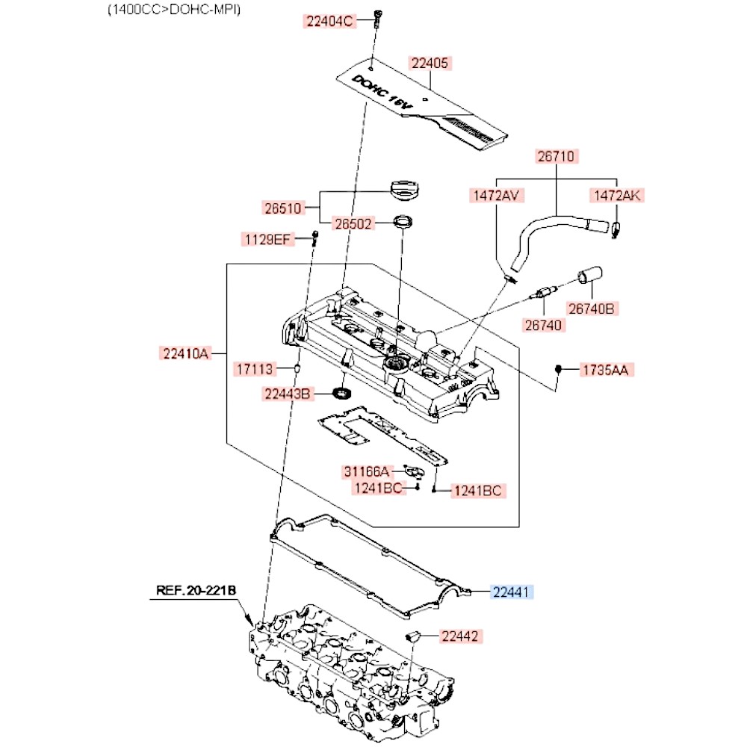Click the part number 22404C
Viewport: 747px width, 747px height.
click(329, 22)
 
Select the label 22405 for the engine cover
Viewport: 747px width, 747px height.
click(430, 63)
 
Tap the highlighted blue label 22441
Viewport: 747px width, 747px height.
click(511, 592)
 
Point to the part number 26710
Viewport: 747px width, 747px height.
click(556, 156)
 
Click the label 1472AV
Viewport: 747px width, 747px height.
click(496, 195)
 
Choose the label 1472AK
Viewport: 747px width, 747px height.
click(618, 195)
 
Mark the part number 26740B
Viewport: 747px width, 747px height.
click(591, 309)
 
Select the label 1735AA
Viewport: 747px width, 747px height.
click(606, 371)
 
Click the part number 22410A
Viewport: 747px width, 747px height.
click(185, 353)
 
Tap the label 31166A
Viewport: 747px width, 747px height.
click(366, 471)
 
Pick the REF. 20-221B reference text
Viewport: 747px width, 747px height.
click(196, 591)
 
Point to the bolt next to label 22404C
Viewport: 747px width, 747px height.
click(378, 19)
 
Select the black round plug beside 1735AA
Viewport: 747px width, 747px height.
click(559, 369)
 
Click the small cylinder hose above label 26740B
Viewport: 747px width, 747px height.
click(590, 276)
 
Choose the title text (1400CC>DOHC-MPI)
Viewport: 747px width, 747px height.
click(174, 10)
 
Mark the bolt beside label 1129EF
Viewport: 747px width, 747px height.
click(314, 238)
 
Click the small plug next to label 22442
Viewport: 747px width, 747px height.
click(412, 636)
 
